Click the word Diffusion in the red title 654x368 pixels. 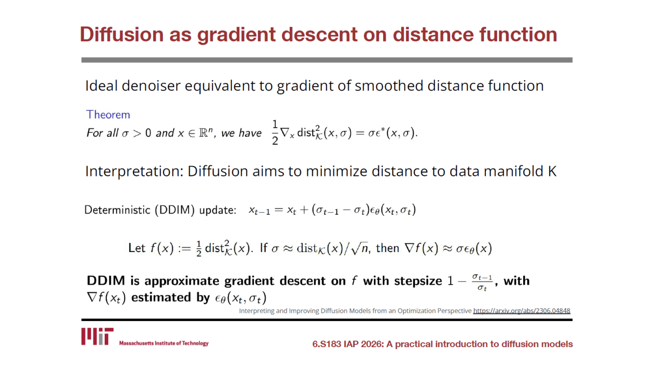122,34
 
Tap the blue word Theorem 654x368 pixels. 108,115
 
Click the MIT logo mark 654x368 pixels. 97,336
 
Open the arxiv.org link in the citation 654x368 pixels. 522,311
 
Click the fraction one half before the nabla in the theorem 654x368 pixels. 275,133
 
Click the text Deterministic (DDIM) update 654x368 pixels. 160,210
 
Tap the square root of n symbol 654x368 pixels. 359,249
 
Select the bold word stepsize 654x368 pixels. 418,281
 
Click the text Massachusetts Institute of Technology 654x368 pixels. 164,343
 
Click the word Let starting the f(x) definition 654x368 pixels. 136,248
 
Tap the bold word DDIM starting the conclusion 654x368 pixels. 106,281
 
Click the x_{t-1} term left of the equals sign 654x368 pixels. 259,211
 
